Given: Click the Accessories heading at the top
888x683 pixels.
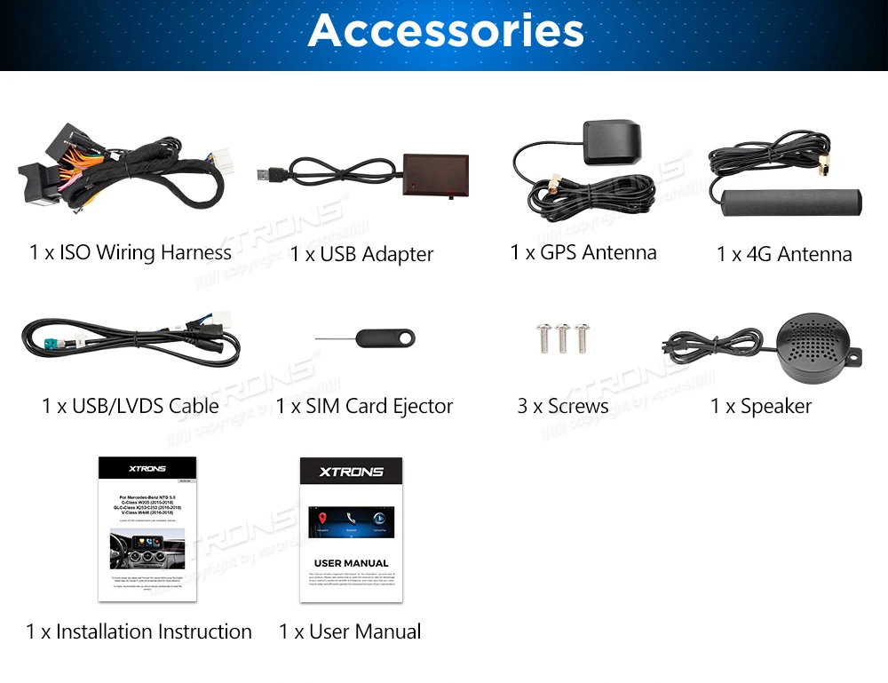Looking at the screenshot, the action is tap(446, 30).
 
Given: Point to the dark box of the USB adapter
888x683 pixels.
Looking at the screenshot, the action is tap(432, 172).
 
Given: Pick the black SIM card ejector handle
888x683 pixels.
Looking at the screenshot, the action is tap(385, 338).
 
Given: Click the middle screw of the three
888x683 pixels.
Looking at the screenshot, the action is tap(562, 337).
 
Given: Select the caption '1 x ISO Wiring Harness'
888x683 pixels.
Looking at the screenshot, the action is tap(131, 252).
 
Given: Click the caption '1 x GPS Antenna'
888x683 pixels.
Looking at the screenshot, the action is tap(583, 252).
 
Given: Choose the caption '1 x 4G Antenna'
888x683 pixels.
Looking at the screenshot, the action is tap(784, 254).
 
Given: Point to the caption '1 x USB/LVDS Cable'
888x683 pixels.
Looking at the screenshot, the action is tap(131, 406).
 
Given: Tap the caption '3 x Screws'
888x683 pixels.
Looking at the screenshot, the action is tap(563, 406).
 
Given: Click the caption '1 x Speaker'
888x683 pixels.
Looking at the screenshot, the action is tap(761, 406).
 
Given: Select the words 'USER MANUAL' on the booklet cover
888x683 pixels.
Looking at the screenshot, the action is tap(351, 563).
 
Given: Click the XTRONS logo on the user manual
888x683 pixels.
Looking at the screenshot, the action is tap(351, 472).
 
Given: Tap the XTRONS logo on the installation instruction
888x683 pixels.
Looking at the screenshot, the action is tap(147, 468).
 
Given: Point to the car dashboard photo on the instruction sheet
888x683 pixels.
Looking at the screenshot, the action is tap(147, 548).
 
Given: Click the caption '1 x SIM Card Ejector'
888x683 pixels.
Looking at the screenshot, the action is tap(364, 406).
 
